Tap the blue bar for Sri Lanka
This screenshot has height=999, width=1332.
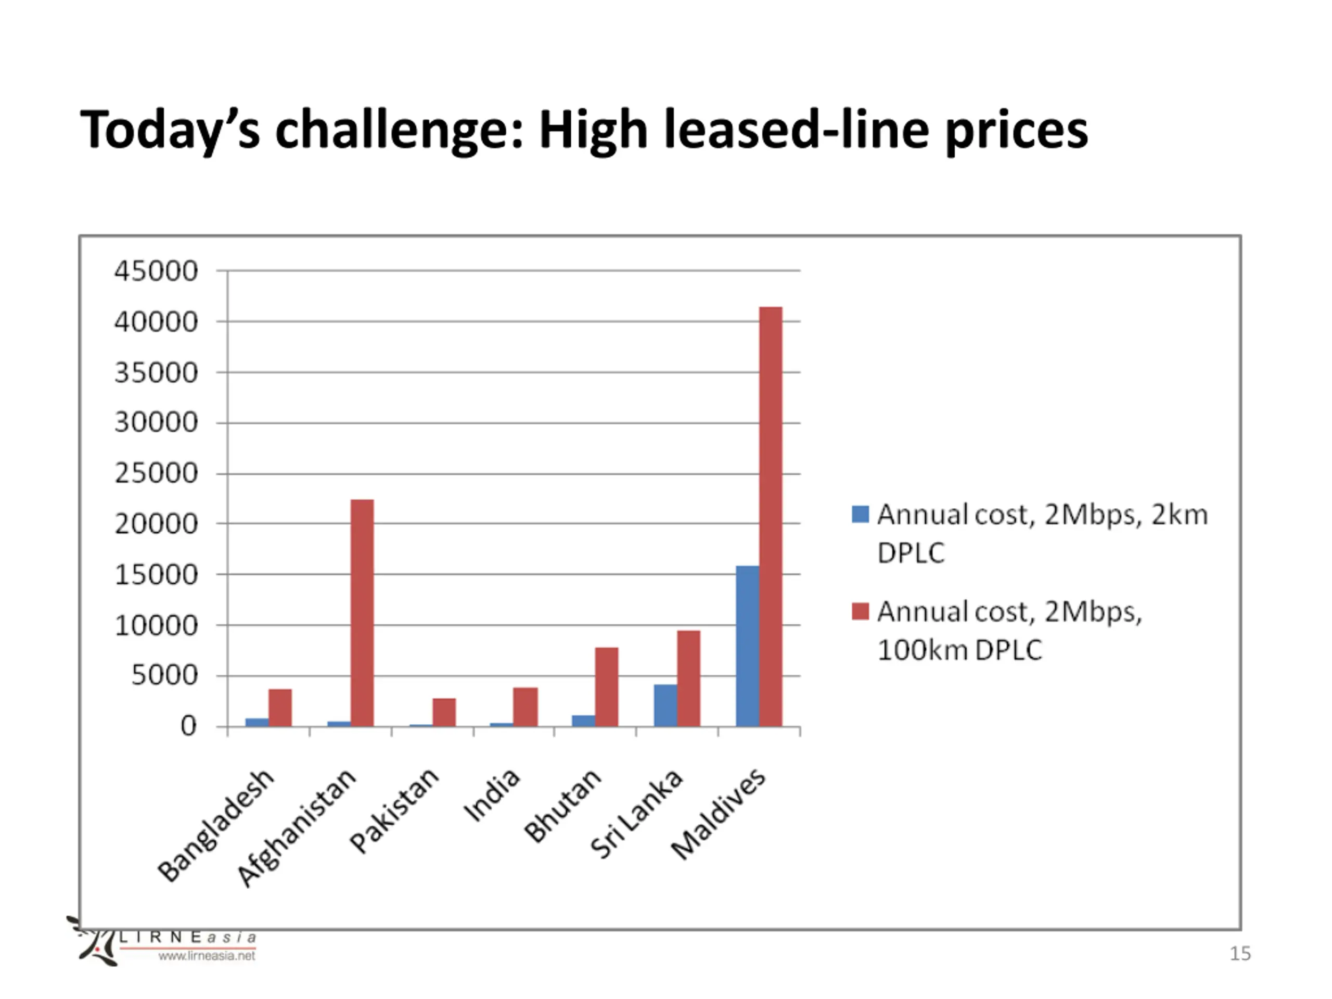(665, 705)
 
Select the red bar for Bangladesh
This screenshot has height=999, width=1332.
(280, 708)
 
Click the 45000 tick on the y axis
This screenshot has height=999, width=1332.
(156, 271)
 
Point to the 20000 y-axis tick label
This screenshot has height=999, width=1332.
(156, 524)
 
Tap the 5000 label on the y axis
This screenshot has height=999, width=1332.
(164, 676)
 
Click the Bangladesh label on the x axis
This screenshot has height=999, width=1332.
(215, 826)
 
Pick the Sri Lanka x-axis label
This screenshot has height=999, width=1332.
(636, 814)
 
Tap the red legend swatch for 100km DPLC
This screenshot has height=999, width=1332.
(860, 611)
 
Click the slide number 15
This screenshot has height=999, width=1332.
(1240, 953)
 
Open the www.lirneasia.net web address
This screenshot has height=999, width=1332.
(207, 956)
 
